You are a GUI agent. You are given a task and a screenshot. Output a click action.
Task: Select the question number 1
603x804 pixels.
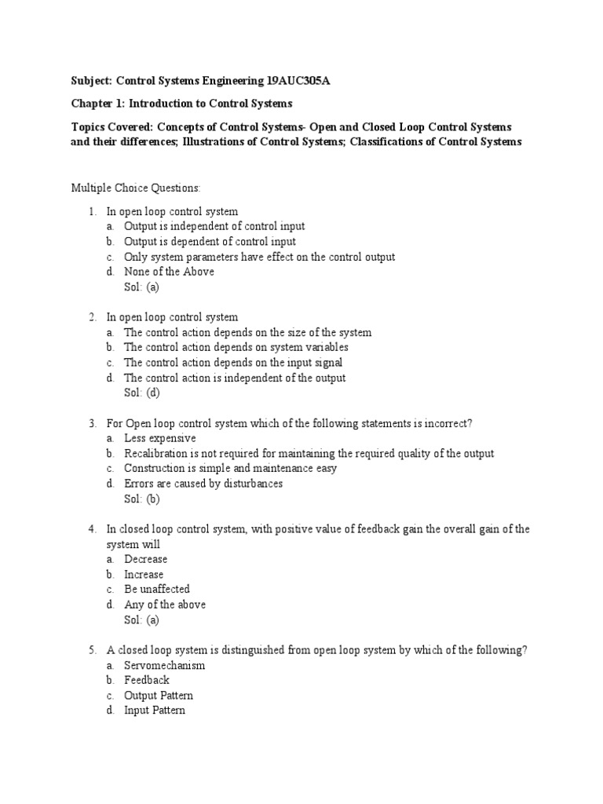point(92,211)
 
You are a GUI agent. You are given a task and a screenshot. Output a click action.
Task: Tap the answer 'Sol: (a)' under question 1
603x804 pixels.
point(142,287)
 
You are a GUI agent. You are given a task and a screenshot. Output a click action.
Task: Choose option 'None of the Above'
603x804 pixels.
point(169,272)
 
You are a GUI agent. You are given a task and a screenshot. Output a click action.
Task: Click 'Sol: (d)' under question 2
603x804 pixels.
point(142,393)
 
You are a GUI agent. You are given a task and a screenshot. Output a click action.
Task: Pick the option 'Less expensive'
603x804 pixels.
point(160,438)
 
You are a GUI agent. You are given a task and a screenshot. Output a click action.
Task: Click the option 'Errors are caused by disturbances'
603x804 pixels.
point(203,484)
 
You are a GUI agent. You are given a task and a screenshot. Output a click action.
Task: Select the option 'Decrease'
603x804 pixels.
point(146,559)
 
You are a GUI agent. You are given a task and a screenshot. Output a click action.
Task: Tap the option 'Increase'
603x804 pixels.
point(144,574)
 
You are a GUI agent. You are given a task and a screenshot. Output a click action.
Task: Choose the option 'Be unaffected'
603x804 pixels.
point(157,589)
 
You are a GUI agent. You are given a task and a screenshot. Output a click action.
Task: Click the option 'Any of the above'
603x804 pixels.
point(165,605)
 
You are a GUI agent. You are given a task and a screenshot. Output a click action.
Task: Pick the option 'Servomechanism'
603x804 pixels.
point(165,665)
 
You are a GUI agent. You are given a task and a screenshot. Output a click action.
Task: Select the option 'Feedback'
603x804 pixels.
point(147,680)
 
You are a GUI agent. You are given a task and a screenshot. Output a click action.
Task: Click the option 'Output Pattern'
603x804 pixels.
point(159,696)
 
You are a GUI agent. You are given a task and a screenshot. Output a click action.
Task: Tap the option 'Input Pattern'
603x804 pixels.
point(155,711)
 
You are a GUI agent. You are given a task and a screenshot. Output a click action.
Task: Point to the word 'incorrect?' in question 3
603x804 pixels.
point(446,423)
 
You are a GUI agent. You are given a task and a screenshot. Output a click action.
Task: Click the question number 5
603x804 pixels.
point(92,650)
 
